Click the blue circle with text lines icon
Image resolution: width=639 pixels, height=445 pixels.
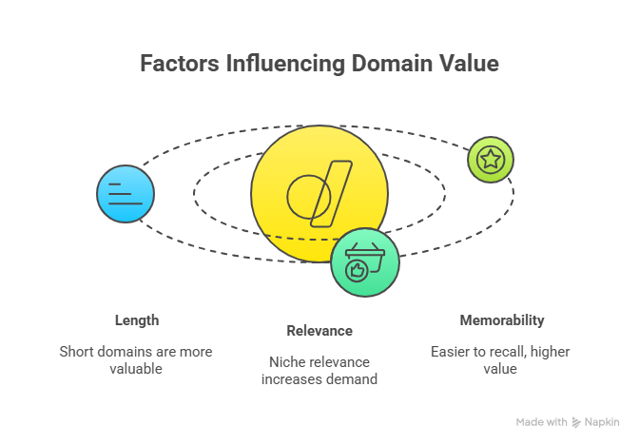tap(125, 194)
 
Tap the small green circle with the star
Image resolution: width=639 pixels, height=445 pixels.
tap(490, 159)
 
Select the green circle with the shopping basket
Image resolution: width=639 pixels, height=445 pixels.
tap(365, 262)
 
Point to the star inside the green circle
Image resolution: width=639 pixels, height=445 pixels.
tap(490, 159)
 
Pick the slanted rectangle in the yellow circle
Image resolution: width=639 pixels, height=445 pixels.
tap(331, 195)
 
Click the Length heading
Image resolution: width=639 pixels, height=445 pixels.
tap(136, 319)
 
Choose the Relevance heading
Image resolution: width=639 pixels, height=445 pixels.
tap(319, 331)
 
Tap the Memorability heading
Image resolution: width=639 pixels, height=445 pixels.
tap(501, 319)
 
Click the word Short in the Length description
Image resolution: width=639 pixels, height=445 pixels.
tap(77, 351)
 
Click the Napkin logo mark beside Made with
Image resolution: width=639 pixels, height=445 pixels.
tap(577, 422)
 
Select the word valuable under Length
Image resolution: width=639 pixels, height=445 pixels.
tap(136, 368)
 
